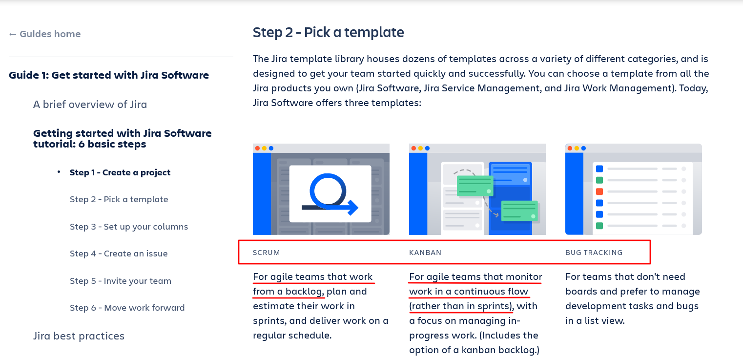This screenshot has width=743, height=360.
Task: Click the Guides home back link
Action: [44, 34]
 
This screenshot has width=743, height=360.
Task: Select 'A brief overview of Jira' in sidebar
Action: [90, 105]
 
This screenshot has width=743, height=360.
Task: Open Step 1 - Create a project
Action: [120, 172]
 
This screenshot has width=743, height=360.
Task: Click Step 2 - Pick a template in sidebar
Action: [119, 199]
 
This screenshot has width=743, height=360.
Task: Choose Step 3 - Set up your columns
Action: [129, 227]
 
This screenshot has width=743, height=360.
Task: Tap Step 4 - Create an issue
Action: [119, 254]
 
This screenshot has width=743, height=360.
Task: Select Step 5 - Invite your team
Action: [121, 281]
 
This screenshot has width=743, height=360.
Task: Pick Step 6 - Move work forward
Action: [127, 308]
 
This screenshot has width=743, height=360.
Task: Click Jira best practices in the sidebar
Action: [79, 336]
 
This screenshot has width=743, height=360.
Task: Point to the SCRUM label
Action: [266, 253]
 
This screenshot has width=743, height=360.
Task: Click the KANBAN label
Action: [425, 253]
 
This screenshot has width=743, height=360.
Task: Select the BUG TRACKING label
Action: [594, 253]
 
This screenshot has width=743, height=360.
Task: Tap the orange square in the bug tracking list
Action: [599, 191]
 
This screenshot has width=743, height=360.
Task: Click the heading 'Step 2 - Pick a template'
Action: [328, 33]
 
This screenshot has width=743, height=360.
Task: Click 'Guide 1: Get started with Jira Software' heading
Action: [109, 75]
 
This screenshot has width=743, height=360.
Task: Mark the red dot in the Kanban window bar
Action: [413, 148]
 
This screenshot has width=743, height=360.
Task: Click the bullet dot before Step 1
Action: [59, 172]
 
